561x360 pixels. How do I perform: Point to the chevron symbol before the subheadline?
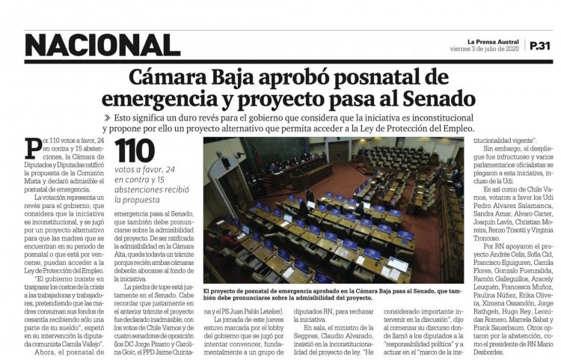[108, 118]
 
